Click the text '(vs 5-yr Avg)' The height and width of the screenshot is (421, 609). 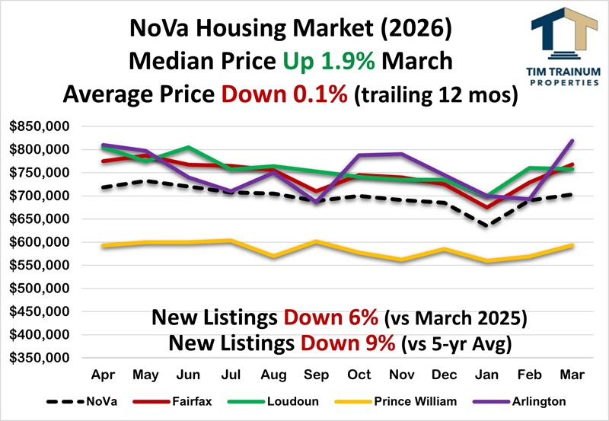[454, 344]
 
